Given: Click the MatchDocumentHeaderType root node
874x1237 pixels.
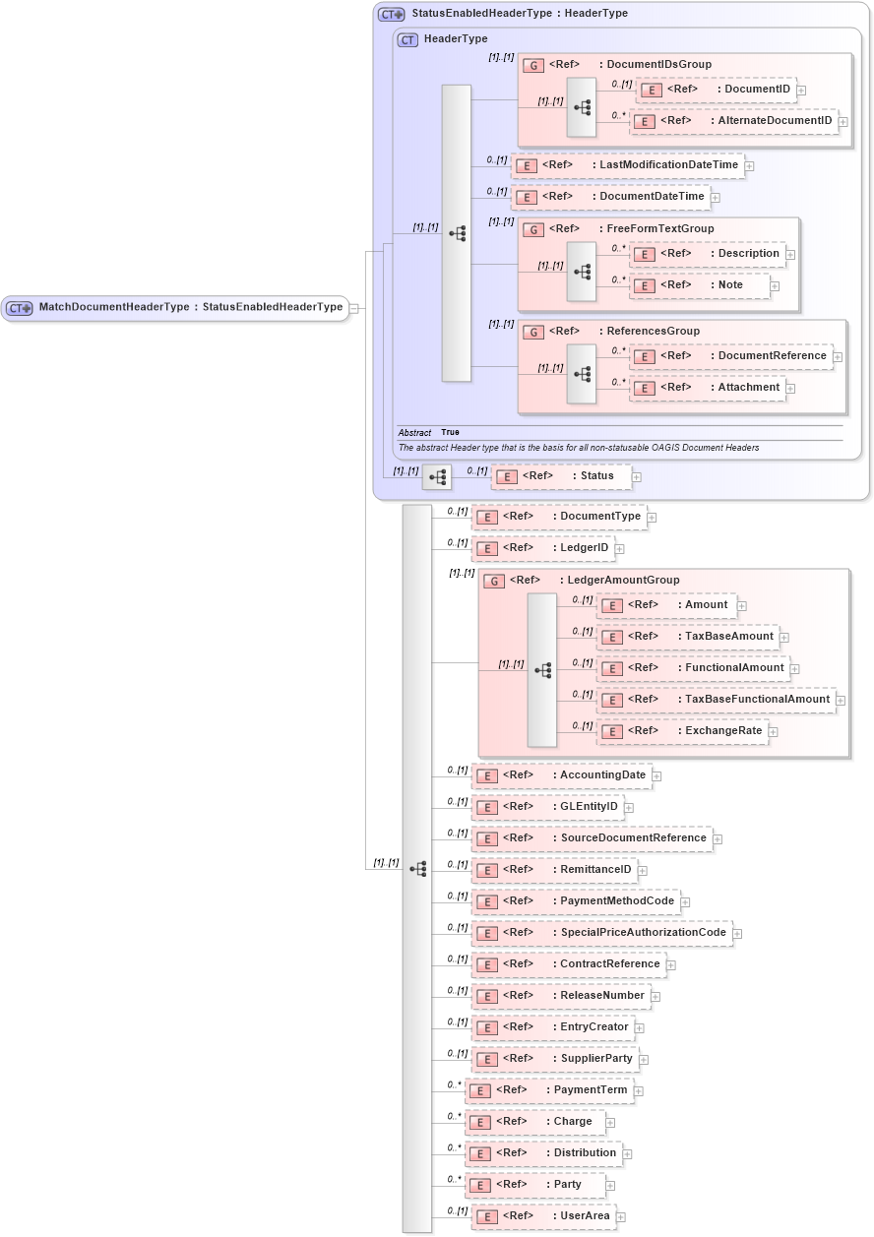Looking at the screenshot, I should coord(175,308).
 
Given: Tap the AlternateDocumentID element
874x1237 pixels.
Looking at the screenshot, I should coord(733,122).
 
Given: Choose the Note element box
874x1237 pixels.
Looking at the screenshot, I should coord(700,285).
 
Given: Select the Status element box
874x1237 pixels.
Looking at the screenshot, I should coord(560,476).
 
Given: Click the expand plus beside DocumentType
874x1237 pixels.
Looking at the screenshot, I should coord(652,517).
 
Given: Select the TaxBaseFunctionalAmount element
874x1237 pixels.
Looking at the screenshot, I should coord(718,700).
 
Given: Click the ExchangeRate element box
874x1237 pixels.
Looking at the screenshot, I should coord(683,731).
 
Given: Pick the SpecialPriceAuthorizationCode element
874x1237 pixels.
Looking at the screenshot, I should coord(601,933).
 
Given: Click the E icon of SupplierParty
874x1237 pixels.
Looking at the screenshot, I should coord(486,1059).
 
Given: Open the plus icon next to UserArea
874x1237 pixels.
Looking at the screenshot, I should coord(621,1217).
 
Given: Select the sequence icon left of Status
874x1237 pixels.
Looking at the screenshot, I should coord(436,477).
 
